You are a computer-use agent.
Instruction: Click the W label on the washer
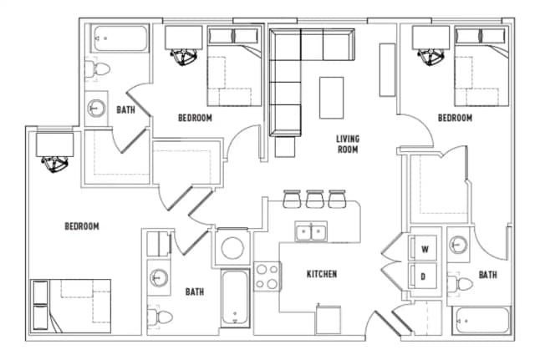pyautogui.click(x=425, y=249)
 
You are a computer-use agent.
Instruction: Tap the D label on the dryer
pyautogui.click(x=423, y=276)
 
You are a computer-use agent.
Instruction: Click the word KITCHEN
pyautogui.click(x=322, y=274)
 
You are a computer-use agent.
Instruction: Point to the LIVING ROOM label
pyautogui.click(x=348, y=144)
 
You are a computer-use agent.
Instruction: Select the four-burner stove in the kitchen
pyautogui.click(x=267, y=276)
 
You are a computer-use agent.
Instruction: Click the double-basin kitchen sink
pyautogui.click(x=311, y=231)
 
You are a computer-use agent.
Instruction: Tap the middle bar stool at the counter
pyautogui.click(x=314, y=199)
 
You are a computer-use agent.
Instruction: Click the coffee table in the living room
pyautogui.click(x=331, y=98)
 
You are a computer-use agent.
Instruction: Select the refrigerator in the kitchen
pyautogui.click(x=329, y=320)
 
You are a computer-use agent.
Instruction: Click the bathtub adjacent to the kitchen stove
pyautogui.click(x=235, y=298)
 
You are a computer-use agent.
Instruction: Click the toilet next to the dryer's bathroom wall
pyautogui.click(x=461, y=283)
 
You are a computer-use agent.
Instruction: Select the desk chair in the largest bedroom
pyautogui.click(x=54, y=164)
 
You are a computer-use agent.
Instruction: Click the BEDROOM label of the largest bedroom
pyautogui.click(x=82, y=226)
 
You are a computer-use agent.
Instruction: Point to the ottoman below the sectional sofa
pyautogui.click(x=285, y=147)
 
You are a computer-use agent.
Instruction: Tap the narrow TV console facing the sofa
pyautogui.click(x=387, y=70)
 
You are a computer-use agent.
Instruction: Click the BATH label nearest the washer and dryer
pyautogui.click(x=488, y=275)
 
